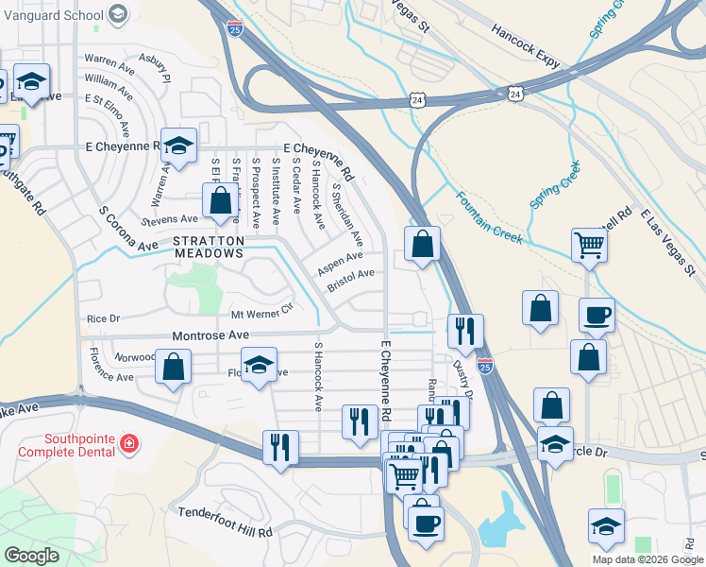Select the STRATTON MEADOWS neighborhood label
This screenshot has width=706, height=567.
click(x=209, y=248)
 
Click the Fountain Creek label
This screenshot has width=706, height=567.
click(x=489, y=219)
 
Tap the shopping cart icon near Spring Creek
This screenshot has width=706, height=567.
click(x=588, y=245)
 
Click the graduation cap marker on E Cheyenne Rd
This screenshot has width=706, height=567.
click(x=177, y=145)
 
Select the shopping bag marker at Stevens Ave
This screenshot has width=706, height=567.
click(x=220, y=200)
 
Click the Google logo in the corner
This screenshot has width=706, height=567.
click(x=32, y=556)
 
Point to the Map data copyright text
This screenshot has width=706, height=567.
click(x=647, y=559)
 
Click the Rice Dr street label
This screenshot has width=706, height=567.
click(x=104, y=318)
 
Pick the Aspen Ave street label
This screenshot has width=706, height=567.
click(x=340, y=259)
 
